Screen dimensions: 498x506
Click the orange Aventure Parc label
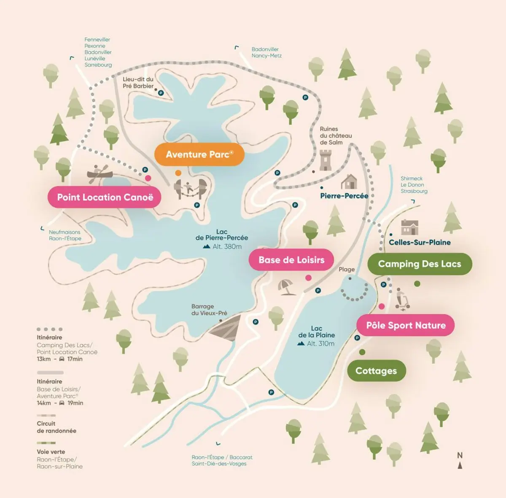click(x=199, y=154)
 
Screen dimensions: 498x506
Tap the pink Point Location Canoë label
click(x=105, y=197)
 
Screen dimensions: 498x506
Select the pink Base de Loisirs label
click(x=291, y=260)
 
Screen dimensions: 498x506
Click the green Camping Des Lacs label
click(x=420, y=264)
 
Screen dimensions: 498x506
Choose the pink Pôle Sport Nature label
click(x=406, y=325)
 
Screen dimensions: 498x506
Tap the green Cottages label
click(x=376, y=371)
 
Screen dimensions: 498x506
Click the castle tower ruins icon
click(x=326, y=160)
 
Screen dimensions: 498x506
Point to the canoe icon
click(x=100, y=173)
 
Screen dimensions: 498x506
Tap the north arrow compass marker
click(x=460, y=461)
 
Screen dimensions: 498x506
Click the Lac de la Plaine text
click(x=317, y=332)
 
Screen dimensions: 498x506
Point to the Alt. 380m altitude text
click(x=227, y=247)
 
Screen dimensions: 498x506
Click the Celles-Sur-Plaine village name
click(x=420, y=242)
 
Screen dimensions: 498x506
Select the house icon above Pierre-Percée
click(x=349, y=182)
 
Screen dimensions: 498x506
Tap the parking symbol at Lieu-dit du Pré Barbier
click(x=161, y=93)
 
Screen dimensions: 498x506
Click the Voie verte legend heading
click(x=51, y=452)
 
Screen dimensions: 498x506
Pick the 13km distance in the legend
click(x=43, y=359)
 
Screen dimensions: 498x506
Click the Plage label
click(x=347, y=269)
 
